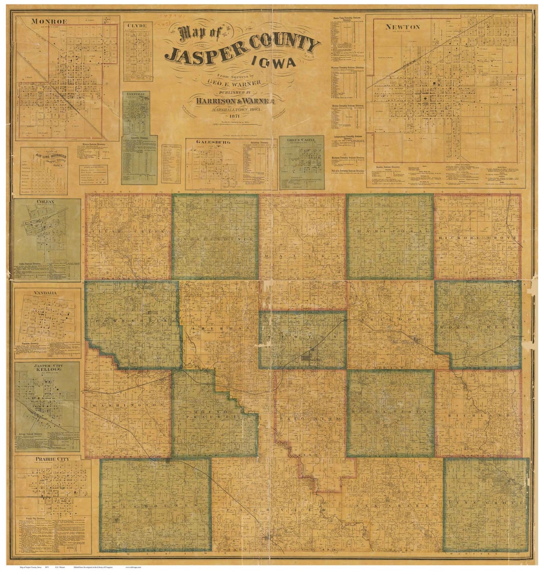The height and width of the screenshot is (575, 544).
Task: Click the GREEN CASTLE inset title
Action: coord(301,139)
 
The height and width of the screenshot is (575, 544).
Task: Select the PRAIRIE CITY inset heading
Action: coord(52,459)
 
